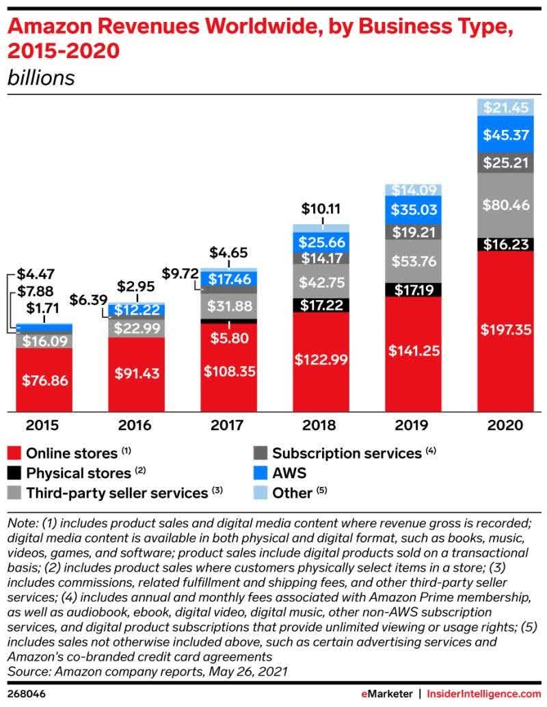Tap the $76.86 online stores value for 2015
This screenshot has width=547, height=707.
click(x=44, y=380)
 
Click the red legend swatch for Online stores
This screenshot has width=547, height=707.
click(x=14, y=453)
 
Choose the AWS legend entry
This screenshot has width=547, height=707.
click(x=289, y=472)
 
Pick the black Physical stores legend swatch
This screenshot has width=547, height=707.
click(x=14, y=473)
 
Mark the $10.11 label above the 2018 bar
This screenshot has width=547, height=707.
click(x=321, y=208)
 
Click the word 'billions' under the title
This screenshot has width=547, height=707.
click(x=40, y=77)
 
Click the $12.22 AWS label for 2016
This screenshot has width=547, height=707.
click(x=137, y=310)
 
